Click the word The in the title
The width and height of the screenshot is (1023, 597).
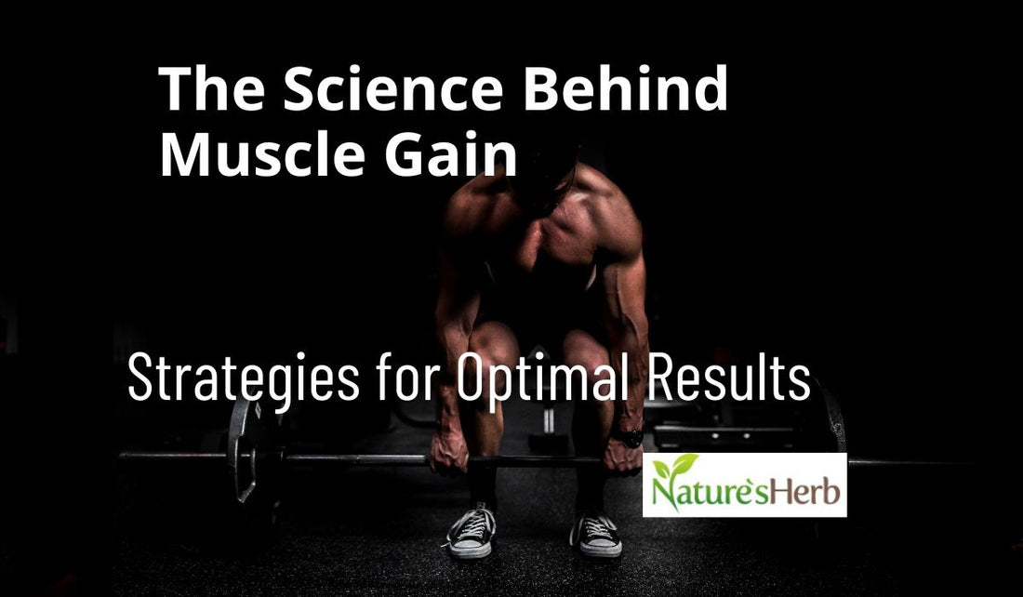pyautogui.click(x=212, y=90)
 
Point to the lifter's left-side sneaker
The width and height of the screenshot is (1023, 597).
pyautogui.click(x=472, y=532)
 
